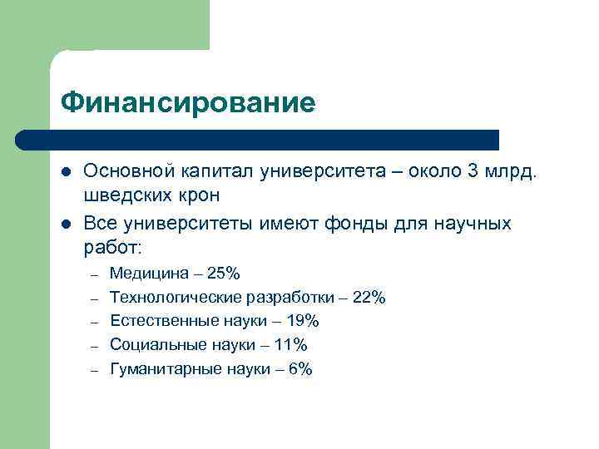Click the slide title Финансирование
188,103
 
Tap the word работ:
113,247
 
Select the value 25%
223,274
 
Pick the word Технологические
176,298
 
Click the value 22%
368,298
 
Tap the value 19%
301,321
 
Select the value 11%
290,345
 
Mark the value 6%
300,369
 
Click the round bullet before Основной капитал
67,172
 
